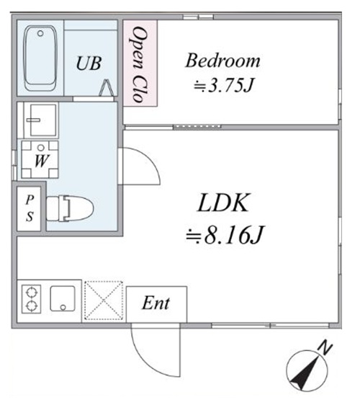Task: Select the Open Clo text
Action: click(139, 63)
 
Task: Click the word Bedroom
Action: click(222, 60)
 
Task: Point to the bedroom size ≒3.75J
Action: click(223, 85)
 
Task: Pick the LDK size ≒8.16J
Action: click(224, 234)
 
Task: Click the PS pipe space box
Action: click(30, 209)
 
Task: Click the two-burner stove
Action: click(32, 298)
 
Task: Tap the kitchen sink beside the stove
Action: click(65, 298)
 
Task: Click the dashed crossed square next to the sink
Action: click(104, 299)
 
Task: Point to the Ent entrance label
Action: click(156, 303)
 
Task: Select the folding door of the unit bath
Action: click(107, 88)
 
